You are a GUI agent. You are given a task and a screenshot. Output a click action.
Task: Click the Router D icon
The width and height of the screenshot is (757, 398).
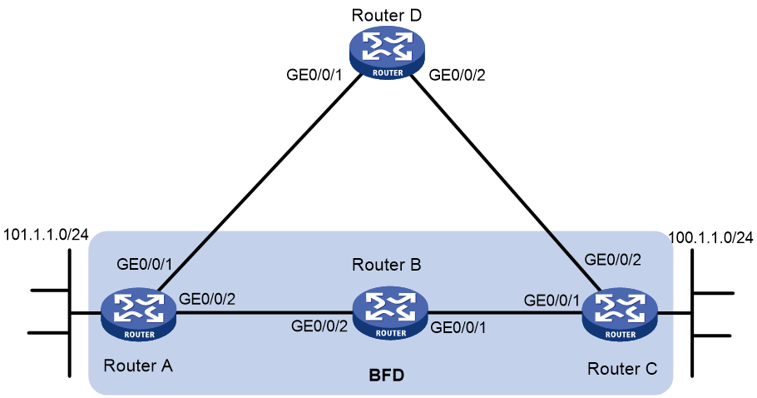[x=387, y=52]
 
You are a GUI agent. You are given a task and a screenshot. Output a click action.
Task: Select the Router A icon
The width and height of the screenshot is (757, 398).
[x=139, y=314]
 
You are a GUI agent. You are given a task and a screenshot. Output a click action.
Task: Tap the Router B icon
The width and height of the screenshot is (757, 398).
[x=390, y=312]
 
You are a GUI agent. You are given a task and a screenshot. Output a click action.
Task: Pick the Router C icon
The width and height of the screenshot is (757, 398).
[x=620, y=314]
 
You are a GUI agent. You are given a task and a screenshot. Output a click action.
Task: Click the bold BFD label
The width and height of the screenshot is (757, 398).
[x=386, y=375]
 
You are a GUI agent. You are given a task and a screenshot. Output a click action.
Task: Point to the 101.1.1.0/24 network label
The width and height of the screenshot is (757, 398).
[x=46, y=235]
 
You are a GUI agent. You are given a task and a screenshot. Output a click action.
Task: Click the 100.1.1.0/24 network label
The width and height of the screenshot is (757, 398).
[x=710, y=237]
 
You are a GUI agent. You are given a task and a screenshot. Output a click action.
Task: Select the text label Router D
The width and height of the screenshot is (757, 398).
[x=386, y=15]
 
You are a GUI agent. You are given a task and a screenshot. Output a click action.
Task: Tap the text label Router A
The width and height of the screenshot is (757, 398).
[x=138, y=366]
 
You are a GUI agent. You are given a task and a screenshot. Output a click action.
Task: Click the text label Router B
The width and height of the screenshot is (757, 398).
[x=387, y=265]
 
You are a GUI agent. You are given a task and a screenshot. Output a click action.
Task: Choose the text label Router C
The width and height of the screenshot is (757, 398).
[x=622, y=369]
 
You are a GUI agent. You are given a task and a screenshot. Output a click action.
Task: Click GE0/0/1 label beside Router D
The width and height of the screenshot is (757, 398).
[x=314, y=75]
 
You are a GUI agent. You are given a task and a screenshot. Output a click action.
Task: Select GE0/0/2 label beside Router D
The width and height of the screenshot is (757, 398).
[x=458, y=75]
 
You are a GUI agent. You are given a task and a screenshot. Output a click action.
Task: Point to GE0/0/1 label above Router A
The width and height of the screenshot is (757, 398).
[x=145, y=265]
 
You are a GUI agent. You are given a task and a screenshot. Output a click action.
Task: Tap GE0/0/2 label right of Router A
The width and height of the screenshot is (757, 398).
[x=207, y=299]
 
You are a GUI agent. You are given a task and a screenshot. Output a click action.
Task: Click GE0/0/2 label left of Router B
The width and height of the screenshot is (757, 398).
[x=319, y=326]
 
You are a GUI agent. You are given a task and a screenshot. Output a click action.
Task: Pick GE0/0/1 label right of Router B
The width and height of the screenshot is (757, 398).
[x=458, y=327]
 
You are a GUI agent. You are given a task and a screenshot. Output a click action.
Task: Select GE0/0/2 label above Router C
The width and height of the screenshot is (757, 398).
[x=612, y=260]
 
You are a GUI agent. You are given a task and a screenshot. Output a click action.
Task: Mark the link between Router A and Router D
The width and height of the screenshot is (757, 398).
[x=260, y=183]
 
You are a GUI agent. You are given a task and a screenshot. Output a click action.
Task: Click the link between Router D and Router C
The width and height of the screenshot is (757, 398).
[x=506, y=183]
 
